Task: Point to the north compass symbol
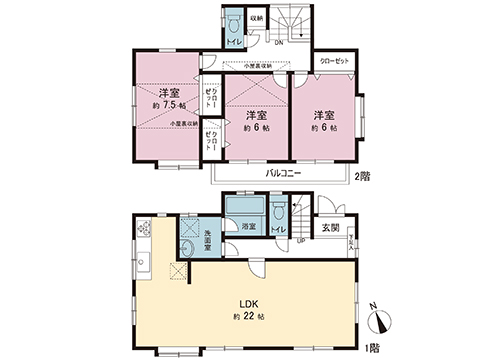tap(382, 319)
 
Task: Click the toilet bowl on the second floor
tap(232, 22)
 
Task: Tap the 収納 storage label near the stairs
tap(256, 20)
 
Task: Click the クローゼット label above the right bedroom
tap(335, 62)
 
